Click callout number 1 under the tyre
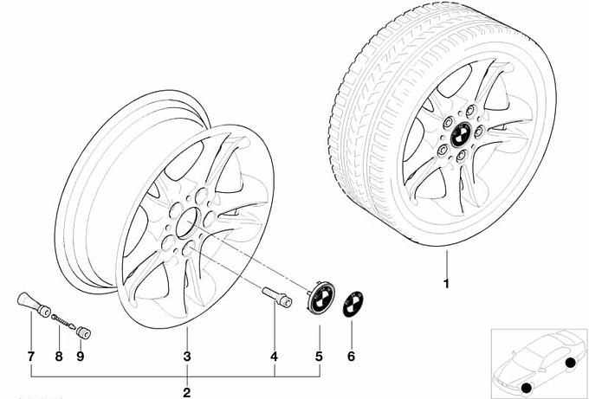446,283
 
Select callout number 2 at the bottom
187,392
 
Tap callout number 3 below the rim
187,357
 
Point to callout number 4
275,357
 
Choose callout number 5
319,357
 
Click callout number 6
351,357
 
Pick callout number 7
31,357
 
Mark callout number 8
59,357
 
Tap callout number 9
80,357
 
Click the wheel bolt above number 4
277,297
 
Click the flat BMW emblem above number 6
353,303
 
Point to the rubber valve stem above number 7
34,305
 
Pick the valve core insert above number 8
63,322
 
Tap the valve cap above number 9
83,332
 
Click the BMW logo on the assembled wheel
461,134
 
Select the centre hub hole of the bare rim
187,223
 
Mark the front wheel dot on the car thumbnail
527,388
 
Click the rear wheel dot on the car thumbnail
570,363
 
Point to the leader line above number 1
447,263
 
